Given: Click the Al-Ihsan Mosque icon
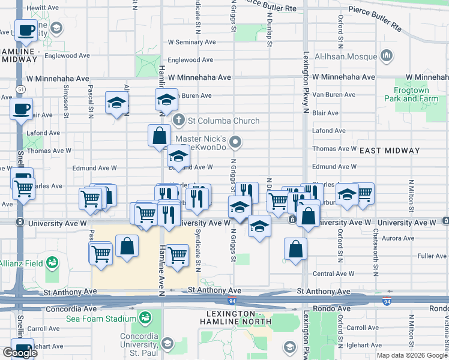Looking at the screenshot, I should (386, 56).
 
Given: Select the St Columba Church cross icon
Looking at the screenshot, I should (178, 121).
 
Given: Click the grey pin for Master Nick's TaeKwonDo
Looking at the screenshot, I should (237, 142).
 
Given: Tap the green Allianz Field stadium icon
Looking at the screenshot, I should (53, 262).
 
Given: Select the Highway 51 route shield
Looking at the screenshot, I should (21, 89).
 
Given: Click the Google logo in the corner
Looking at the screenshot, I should (20, 353).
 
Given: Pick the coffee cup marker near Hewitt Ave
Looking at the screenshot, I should (26, 30).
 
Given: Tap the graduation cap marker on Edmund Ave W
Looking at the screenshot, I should (178, 157).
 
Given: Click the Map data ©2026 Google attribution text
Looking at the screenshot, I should (411, 355).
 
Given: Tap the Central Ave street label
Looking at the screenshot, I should (330, 274).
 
